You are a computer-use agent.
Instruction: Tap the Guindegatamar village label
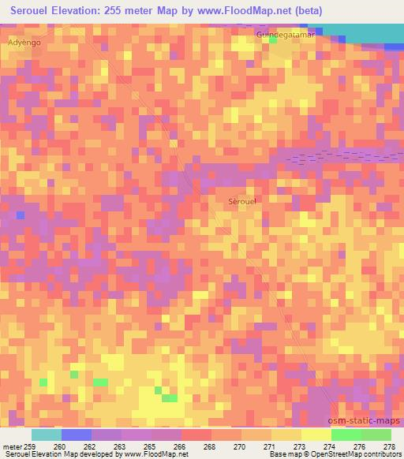click(285, 35)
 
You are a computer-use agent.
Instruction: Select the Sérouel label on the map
click(241, 201)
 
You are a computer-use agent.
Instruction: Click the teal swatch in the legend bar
click(46, 435)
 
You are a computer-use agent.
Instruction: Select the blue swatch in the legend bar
click(76, 435)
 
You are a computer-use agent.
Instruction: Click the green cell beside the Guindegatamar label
click(273, 40)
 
